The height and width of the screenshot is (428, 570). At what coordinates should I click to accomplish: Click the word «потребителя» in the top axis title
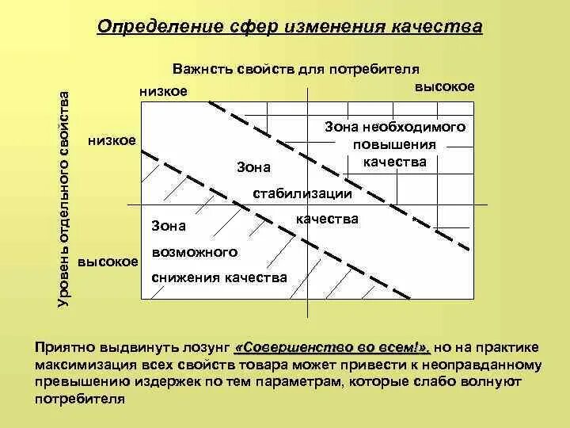coord(380,69)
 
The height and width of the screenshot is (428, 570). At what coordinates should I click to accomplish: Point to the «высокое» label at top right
coord(445,86)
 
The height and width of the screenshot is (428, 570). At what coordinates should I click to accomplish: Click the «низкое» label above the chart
coord(163,91)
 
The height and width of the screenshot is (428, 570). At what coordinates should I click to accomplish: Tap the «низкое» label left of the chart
coord(112,139)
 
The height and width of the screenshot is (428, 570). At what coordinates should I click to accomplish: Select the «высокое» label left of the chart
coord(108,261)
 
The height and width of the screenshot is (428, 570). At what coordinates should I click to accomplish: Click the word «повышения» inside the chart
coord(395,144)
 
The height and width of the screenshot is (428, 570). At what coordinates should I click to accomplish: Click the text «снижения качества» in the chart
coord(218,277)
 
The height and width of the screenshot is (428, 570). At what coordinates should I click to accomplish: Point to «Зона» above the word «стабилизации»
coord(253,167)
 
